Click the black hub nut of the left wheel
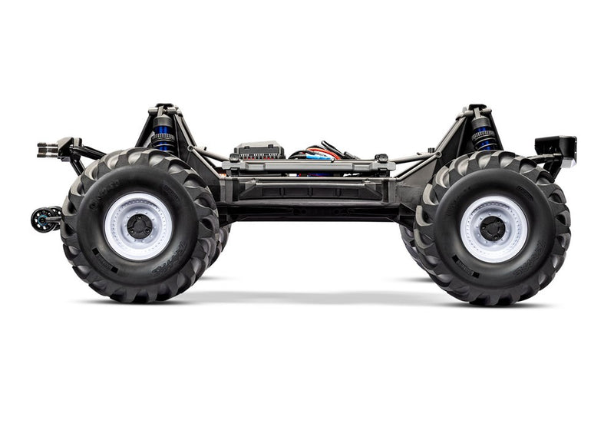coord(140,227)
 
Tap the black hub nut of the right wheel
coord(493,228)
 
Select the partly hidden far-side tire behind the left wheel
coord(222,238)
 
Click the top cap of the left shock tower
coord(163,108)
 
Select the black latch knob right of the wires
coord(381,158)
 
